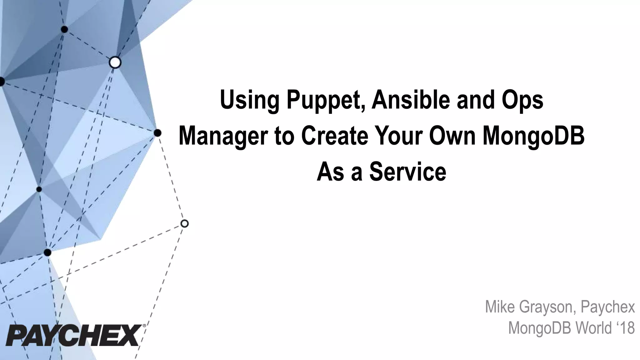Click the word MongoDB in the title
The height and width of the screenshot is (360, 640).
tap(533, 137)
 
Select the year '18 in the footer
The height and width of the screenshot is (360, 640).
tap(624, 328)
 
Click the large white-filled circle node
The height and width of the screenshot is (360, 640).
tap(115, 62)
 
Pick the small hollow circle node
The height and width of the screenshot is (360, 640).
tap(184, 223)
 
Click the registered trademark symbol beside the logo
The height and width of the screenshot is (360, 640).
tap(144, 326)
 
